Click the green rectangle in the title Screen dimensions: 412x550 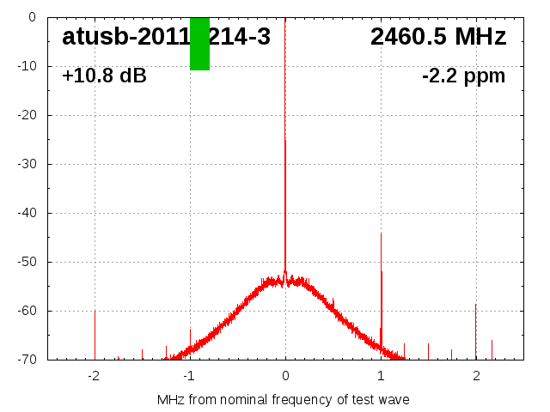tap(199, 44)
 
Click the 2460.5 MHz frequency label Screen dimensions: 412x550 tap(438, 37)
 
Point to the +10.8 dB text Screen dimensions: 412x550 tap(104, 76)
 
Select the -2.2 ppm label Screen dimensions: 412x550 tap(463, 76)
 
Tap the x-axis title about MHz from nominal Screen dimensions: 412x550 tap(284, 400)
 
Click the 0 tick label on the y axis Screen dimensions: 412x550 tap(31, 17)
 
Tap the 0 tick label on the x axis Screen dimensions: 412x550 tap(285, 376)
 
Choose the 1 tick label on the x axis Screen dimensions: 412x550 tap(381, 376)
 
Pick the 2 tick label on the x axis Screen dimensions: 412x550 tap(476, 376)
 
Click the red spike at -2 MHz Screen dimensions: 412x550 tap(95, 335)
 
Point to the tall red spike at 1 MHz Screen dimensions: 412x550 tap(382, 309)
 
